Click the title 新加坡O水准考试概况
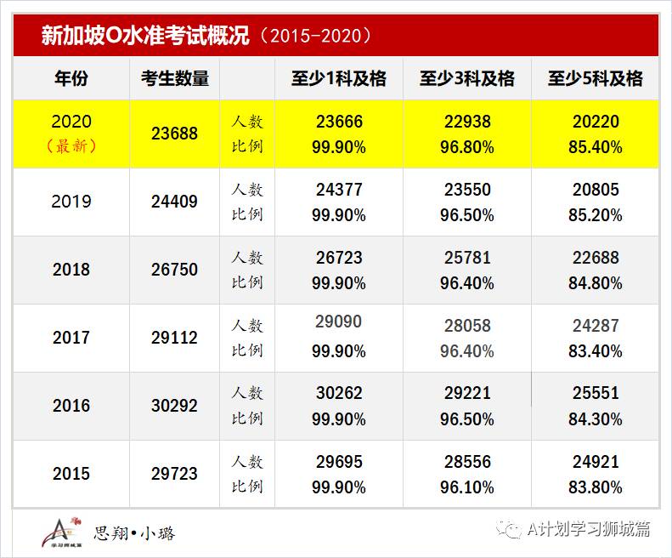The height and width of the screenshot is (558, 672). [x=144, y=36]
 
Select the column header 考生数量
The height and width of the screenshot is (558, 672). [x=174, y=79]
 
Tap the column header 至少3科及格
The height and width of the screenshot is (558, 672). [x=466, y=79]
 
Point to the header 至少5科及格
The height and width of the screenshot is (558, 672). [x=595, y=79]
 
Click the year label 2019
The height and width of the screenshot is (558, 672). [x=71, y=202]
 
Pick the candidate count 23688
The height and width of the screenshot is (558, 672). [x=174, y=134]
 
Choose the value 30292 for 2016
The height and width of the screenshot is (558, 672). [x=174, y=406]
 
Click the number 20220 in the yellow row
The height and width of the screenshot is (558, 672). [x=595, y=122]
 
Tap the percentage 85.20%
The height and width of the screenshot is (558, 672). [x=595, y=215]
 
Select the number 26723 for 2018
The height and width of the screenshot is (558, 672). [x=339, y=257]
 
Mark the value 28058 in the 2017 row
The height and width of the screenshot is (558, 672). [x=466, y=325]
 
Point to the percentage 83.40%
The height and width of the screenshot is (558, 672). [x=595, y=351]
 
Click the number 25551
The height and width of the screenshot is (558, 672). [x=595, y=393]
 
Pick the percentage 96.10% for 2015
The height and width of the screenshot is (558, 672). [x=466, y=487]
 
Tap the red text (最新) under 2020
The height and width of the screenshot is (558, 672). [x=71, y=146]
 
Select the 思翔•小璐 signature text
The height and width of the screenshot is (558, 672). [x=134, y=533]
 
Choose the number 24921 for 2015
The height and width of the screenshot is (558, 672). [x=595, y=462]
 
